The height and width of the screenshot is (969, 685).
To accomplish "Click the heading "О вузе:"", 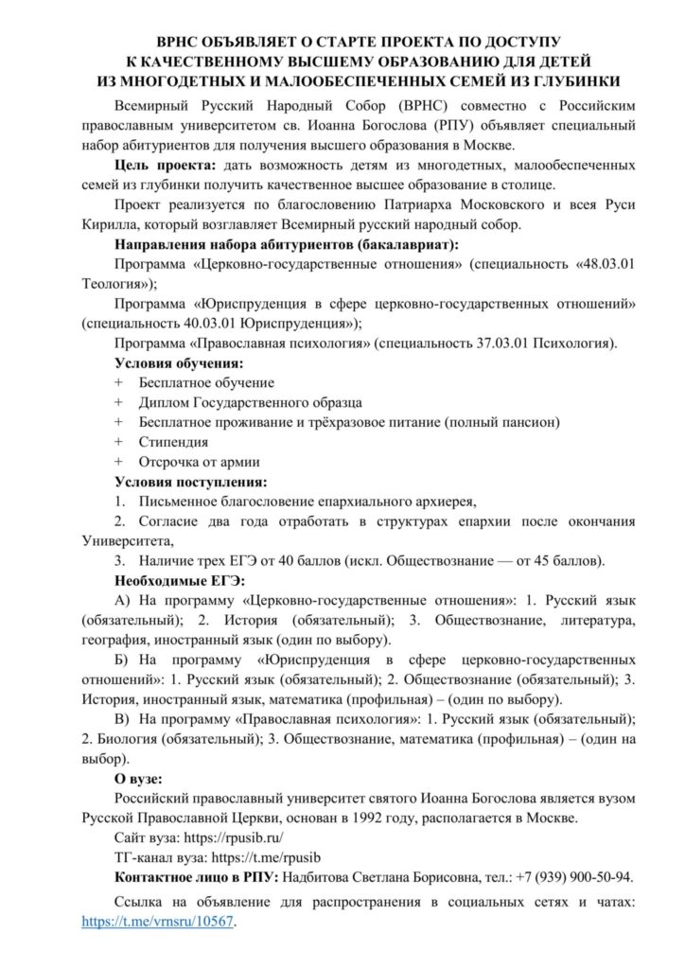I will (138, 779).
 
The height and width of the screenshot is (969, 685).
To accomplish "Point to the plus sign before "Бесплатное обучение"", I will (117, 382).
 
